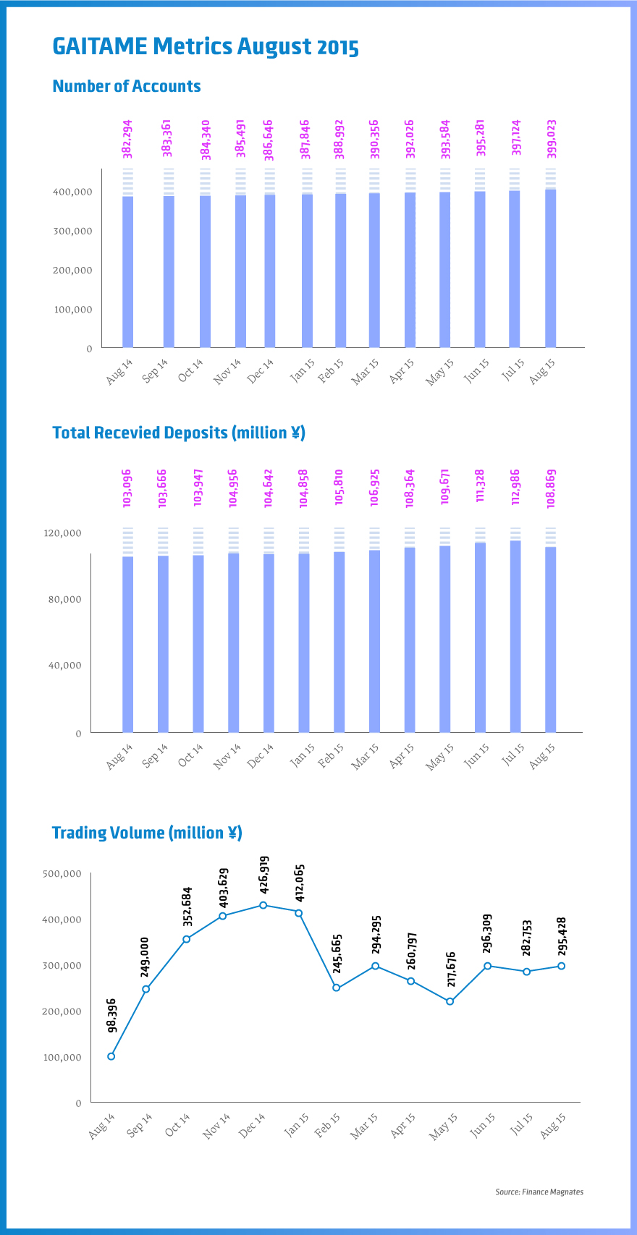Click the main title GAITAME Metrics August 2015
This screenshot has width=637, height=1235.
coord(206,47)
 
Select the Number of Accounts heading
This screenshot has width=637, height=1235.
coord(127,86)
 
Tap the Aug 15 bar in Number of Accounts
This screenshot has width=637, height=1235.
coord(550,268)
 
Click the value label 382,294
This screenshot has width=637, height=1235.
coord(127,139)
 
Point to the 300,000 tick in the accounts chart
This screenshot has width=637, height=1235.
coord(72,231)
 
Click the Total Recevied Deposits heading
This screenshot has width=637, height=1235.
coord(179,433)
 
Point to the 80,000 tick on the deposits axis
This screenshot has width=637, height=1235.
coord(65,599)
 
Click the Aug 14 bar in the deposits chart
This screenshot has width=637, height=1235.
coord(127,644)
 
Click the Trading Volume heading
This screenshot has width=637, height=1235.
coord(147,833)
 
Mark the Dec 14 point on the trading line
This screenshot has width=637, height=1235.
coord(263,905)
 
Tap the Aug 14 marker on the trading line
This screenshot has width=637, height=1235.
coord(111,1056)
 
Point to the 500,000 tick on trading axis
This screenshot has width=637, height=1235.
coord(62,873)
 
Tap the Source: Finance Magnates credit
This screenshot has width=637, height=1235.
coord(539,1192)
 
